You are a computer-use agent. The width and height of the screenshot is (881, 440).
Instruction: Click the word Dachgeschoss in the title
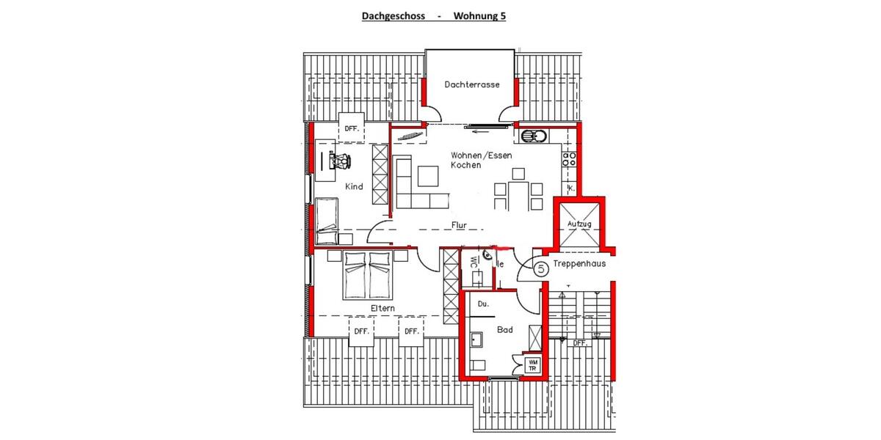pyautogui.click(x=391, y=15)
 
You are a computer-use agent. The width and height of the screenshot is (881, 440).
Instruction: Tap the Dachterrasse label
pyautogui.click(x=472, y=84)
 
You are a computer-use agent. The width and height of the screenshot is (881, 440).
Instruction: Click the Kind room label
pyautogui.click(x=355, y=187)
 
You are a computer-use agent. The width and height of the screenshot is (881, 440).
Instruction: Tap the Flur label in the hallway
pyautogui.click(x=460, y=226)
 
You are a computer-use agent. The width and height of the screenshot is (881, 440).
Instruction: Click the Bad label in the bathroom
pyautogui.click(x=504, y=330)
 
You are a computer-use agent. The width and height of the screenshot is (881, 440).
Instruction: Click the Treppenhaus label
pyautogui.click(x=580, y=264)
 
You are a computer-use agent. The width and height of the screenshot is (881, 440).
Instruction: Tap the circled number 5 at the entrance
pyautogui.click(x=541, y=269)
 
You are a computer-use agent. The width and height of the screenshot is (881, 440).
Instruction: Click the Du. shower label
pyautogui.click(x=483, y=303)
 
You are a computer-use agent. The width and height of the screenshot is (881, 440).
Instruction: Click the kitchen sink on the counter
pyautogui.click(x=530, y=136)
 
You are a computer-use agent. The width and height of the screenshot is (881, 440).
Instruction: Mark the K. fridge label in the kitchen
pyautogui.click(x=570, y=188)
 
